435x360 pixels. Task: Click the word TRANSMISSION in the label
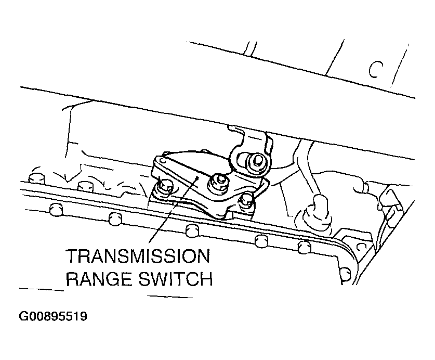click(x=138, y=256)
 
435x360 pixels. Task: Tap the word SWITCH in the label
click(x=176, y=279)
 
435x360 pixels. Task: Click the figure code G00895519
click(x=53, y=316)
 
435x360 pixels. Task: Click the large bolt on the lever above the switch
click(x=253, y=163)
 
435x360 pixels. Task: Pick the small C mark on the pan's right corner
click(x=360, y=247)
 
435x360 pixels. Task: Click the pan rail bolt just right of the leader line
click(x=192, y=231)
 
